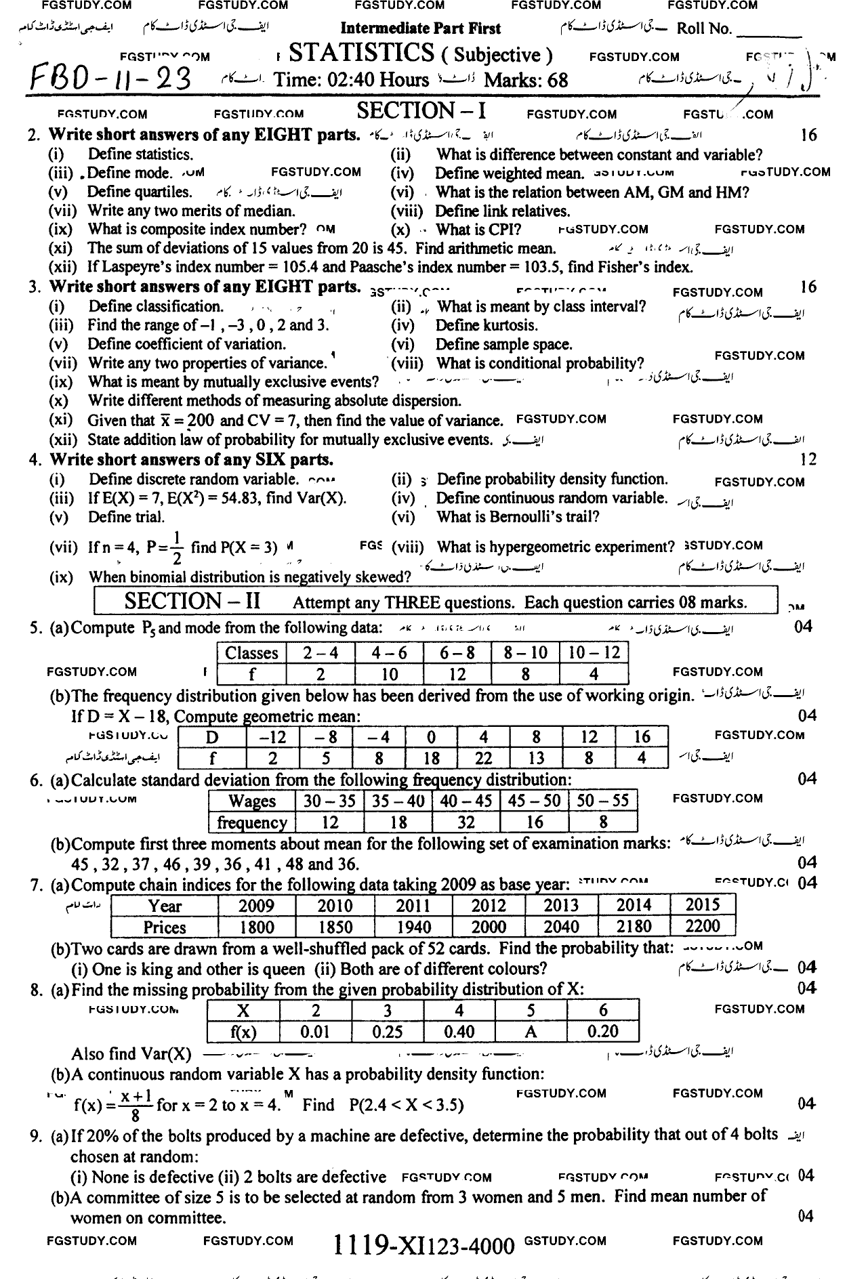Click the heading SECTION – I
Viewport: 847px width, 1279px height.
(x=421, y=110)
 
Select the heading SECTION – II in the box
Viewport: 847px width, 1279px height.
(x=192, y=601)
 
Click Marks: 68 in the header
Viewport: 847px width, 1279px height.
(x=526, y=80)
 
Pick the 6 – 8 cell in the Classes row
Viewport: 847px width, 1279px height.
(x=457, y=653)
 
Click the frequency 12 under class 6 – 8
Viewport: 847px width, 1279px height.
(x=457, y=674)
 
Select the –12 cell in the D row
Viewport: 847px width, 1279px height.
(x=272, y=737)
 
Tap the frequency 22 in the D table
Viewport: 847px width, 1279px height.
(x=483, y=758)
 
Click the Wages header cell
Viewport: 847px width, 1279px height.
(x=252, y=801)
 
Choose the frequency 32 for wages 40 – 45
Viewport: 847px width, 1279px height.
(x=466, y=822)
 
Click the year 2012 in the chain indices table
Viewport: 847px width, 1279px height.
(x=489, y=906)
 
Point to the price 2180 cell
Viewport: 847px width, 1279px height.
(x=634, y=927)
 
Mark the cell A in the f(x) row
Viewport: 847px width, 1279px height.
(x=531, y=1032)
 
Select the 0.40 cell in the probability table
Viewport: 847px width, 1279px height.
(x=459, y=1032)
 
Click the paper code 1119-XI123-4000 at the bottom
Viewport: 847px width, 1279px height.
(x=425, y=1244)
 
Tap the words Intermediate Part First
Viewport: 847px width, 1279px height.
(x=420, y=28)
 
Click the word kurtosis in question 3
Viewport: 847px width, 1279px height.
(x=510, y=325)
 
